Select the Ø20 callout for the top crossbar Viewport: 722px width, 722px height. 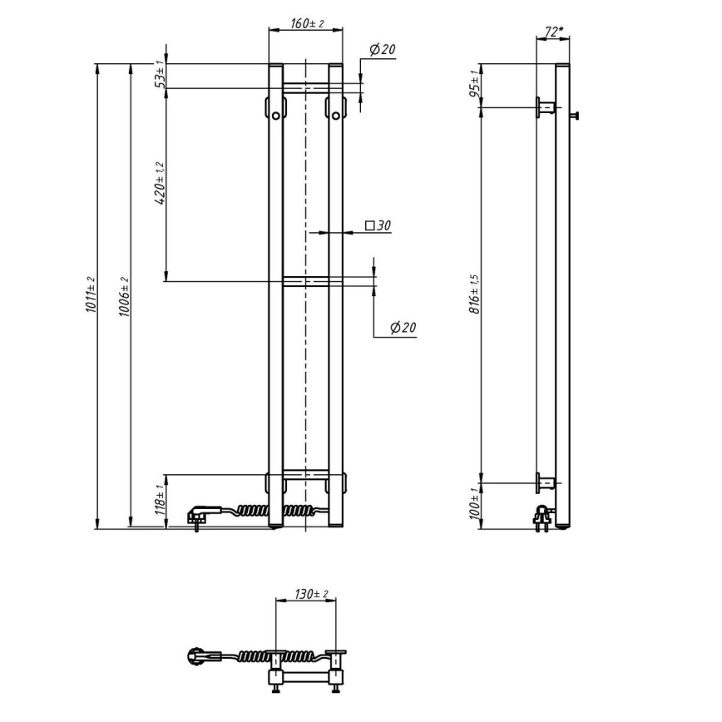pyautogui.click(x=380, y=51)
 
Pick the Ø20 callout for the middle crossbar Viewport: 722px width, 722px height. pyautogui.click(x=402, y=328)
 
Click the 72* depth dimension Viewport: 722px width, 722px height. pyautogui.click(x=552, y=32)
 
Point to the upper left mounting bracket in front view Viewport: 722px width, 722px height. pyautogui.click(x=275, y=108)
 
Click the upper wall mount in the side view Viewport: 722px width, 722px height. pyautogui.click(x=546, y=106)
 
